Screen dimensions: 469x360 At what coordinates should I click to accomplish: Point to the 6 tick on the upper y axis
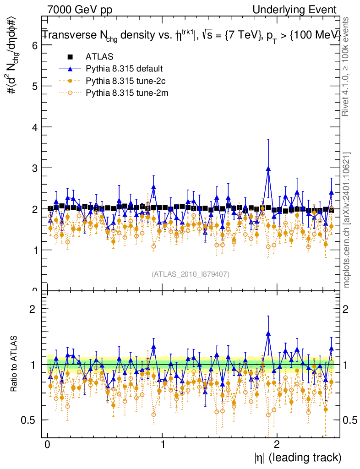coord(34,45)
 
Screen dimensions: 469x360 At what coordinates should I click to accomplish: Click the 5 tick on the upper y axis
coord(34,86)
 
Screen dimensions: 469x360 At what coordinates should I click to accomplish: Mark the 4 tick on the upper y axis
coord(34,127)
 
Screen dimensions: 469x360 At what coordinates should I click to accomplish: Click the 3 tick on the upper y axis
coord(34,168)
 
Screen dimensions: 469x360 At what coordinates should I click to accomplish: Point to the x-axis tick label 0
coord(48,445)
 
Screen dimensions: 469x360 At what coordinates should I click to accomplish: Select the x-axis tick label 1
coord(163,445)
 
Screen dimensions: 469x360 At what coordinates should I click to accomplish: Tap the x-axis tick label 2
coord(277,445)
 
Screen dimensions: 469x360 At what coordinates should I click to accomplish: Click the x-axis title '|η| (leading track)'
coord(298,458)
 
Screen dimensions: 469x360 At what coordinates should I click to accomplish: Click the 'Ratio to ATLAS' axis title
coord(14,365)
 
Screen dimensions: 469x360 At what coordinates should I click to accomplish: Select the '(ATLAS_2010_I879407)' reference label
coord(191,274)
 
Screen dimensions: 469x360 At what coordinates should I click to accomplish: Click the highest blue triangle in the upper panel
coord(268,169)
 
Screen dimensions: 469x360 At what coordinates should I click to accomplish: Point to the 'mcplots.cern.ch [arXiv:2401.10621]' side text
coord(347,220)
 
